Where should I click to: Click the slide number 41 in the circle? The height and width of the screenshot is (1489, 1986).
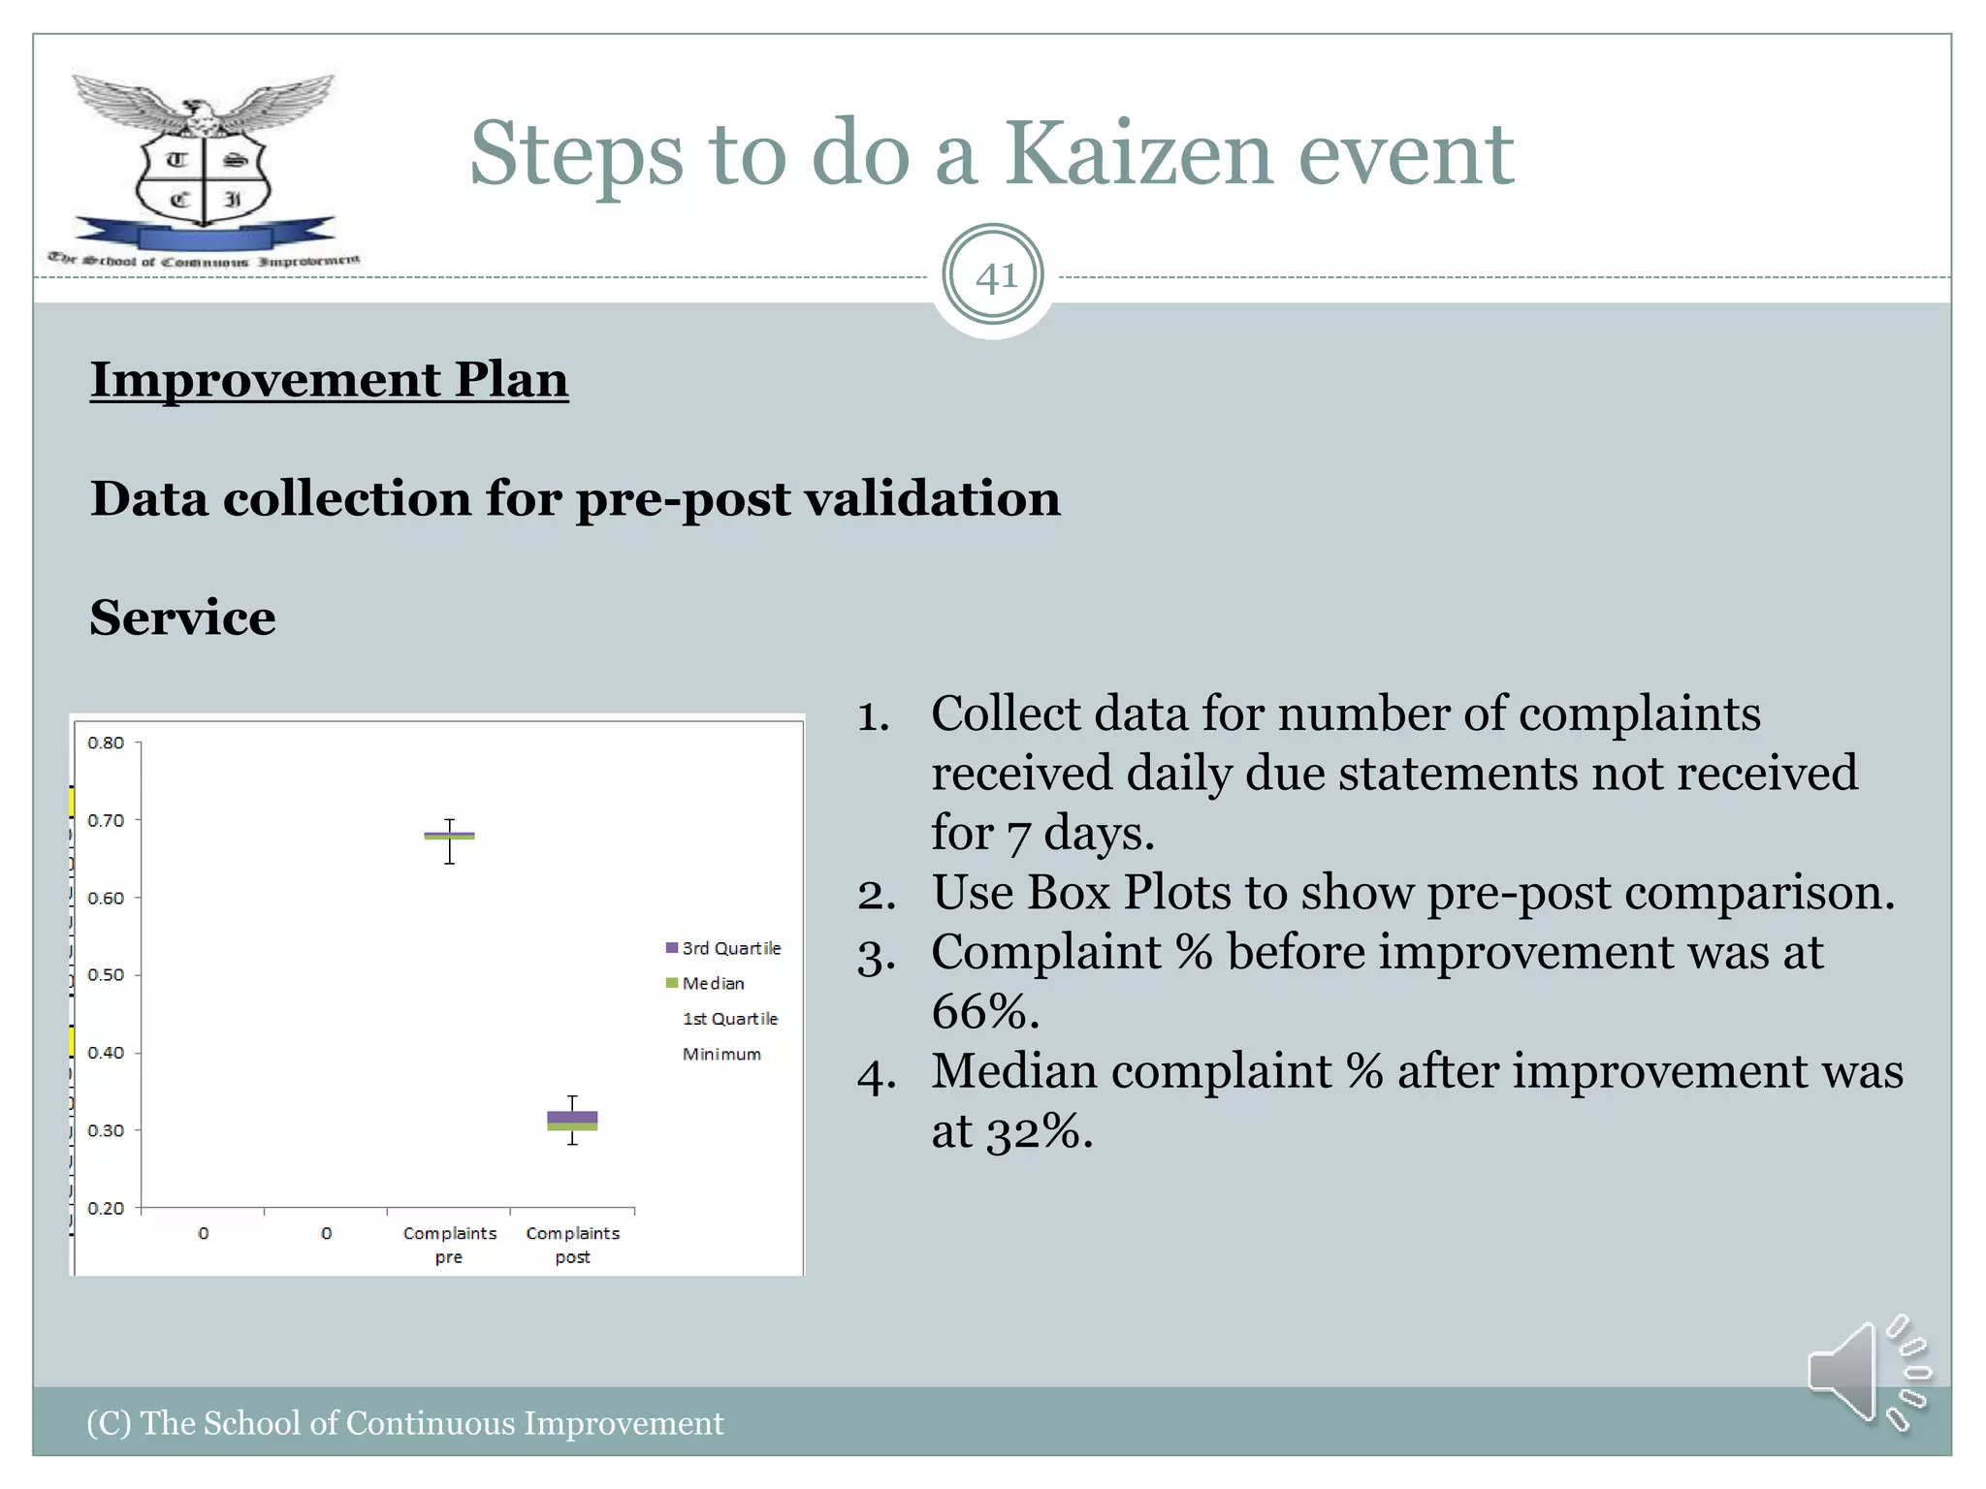pyautogui.click(x=994, y=277)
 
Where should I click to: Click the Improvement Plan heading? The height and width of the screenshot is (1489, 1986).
pyautogui.click(x=329, y=379)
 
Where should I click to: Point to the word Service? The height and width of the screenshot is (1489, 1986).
pyautogui.click(x=182, y=618)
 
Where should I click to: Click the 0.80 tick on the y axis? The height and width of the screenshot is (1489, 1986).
pyautogui.click(x=106, y=744)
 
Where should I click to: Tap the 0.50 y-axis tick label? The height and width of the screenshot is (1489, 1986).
pyautogui.click(x=106, y=975)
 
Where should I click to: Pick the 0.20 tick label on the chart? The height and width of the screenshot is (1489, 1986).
pyautogui.click(x=106, y=1208)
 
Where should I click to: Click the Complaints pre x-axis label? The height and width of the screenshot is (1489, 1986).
pyautogui.click(x=449, y=1245)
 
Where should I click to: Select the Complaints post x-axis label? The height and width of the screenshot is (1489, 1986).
pyautogui.click(x=572, y=1245)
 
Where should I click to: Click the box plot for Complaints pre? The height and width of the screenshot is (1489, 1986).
pyautogui.click(x=449, y=836)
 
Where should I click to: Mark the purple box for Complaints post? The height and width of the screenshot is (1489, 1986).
pyautogui.click(x=572, y=1117)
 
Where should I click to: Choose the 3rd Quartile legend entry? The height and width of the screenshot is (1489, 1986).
pyautogui.click(x=730, y=948)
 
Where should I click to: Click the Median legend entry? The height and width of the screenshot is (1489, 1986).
pyautogui.click(x=713, y=983)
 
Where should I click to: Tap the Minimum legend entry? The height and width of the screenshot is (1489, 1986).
pyautogui.click(x=721, y=1054)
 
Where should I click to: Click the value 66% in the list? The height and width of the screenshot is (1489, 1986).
pyautogui.click(x=983, y=1011)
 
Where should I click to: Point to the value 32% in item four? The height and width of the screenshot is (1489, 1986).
pyautogui.click(x=1032, y=1130)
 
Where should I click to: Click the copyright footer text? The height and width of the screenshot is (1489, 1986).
pyautogui.click(x=404, y=1423)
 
